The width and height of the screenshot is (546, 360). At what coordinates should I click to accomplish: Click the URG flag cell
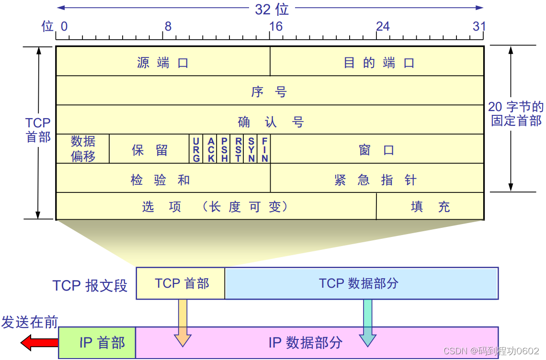pos(196,149)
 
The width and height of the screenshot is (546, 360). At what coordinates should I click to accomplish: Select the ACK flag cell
pos(211,149)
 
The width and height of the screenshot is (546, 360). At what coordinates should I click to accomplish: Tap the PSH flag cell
pos(224,149)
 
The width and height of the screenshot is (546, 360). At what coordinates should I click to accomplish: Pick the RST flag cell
pos(238,149)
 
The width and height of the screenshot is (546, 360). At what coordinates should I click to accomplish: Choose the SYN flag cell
pos(251,149)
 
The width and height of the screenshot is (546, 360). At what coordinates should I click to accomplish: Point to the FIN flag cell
pos(264,149)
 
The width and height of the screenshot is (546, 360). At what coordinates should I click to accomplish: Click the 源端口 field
pos(163,62)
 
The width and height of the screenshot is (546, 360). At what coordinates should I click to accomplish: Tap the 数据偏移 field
pos(83,149)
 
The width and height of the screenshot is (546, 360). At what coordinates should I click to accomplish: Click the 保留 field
pos(149,150)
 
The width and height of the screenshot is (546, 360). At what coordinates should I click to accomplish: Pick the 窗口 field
pos(376,150)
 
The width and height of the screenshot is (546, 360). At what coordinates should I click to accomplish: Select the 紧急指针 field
pos(376,180)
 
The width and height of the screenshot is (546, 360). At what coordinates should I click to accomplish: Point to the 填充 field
pos(430,207)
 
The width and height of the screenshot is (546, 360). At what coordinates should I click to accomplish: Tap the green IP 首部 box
pos(97,343)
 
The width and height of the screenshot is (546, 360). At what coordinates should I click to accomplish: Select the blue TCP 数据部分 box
pos(361,283)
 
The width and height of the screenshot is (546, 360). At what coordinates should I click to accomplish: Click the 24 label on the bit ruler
pos(383,26)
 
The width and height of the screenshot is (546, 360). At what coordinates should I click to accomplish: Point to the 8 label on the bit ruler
pos(168,26)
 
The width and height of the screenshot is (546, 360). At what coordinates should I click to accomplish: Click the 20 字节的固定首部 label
pos(516,113)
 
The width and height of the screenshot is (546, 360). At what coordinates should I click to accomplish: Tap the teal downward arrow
pos(367,323)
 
